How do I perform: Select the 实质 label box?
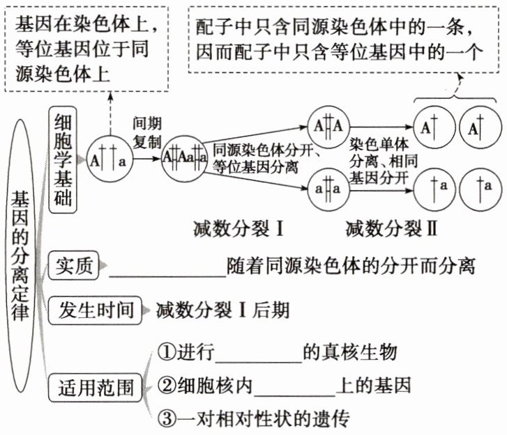(x=75, y=266)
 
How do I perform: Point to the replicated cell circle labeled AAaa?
(x=185, y=158)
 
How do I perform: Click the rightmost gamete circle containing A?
(x=481, y=128)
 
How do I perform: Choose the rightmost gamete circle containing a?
(x=481, y=187)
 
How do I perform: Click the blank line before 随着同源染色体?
(x=167, y=268)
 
